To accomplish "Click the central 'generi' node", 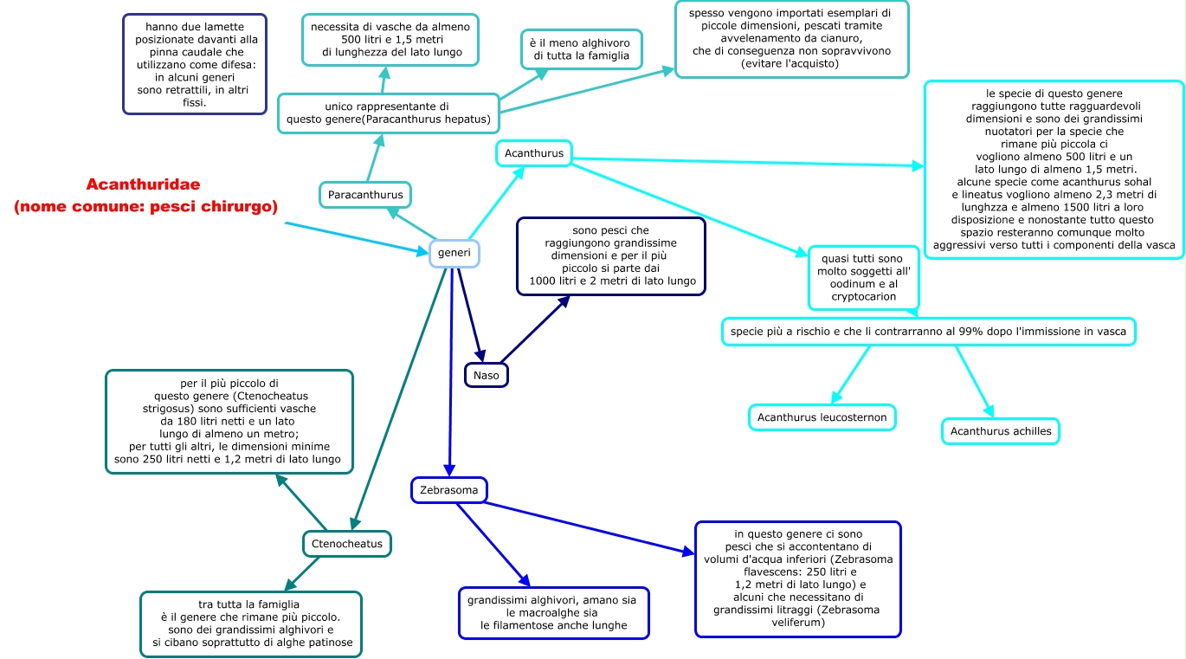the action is point(454,253).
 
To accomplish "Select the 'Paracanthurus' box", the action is point(365,195).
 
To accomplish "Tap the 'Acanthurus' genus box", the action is point(533,153).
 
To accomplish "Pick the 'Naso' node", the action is point(486,375).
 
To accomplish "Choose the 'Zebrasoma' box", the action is point(449,490).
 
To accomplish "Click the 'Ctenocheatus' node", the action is point(347,544).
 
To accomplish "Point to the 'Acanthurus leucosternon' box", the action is point(822,417).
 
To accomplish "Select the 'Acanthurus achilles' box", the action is point(1001,431).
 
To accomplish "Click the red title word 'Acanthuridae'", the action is point(143,184).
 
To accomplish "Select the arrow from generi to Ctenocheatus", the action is point(399,399).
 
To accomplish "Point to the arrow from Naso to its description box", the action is point(535,329).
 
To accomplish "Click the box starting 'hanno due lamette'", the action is point(195,64).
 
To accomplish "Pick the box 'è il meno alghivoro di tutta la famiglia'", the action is point(582,49).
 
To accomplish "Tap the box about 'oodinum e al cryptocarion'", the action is point(864,278).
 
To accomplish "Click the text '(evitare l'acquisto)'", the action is point(791,63).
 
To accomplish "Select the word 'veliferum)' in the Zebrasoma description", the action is point(798,623).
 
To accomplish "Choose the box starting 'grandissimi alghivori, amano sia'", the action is point(554,613).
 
